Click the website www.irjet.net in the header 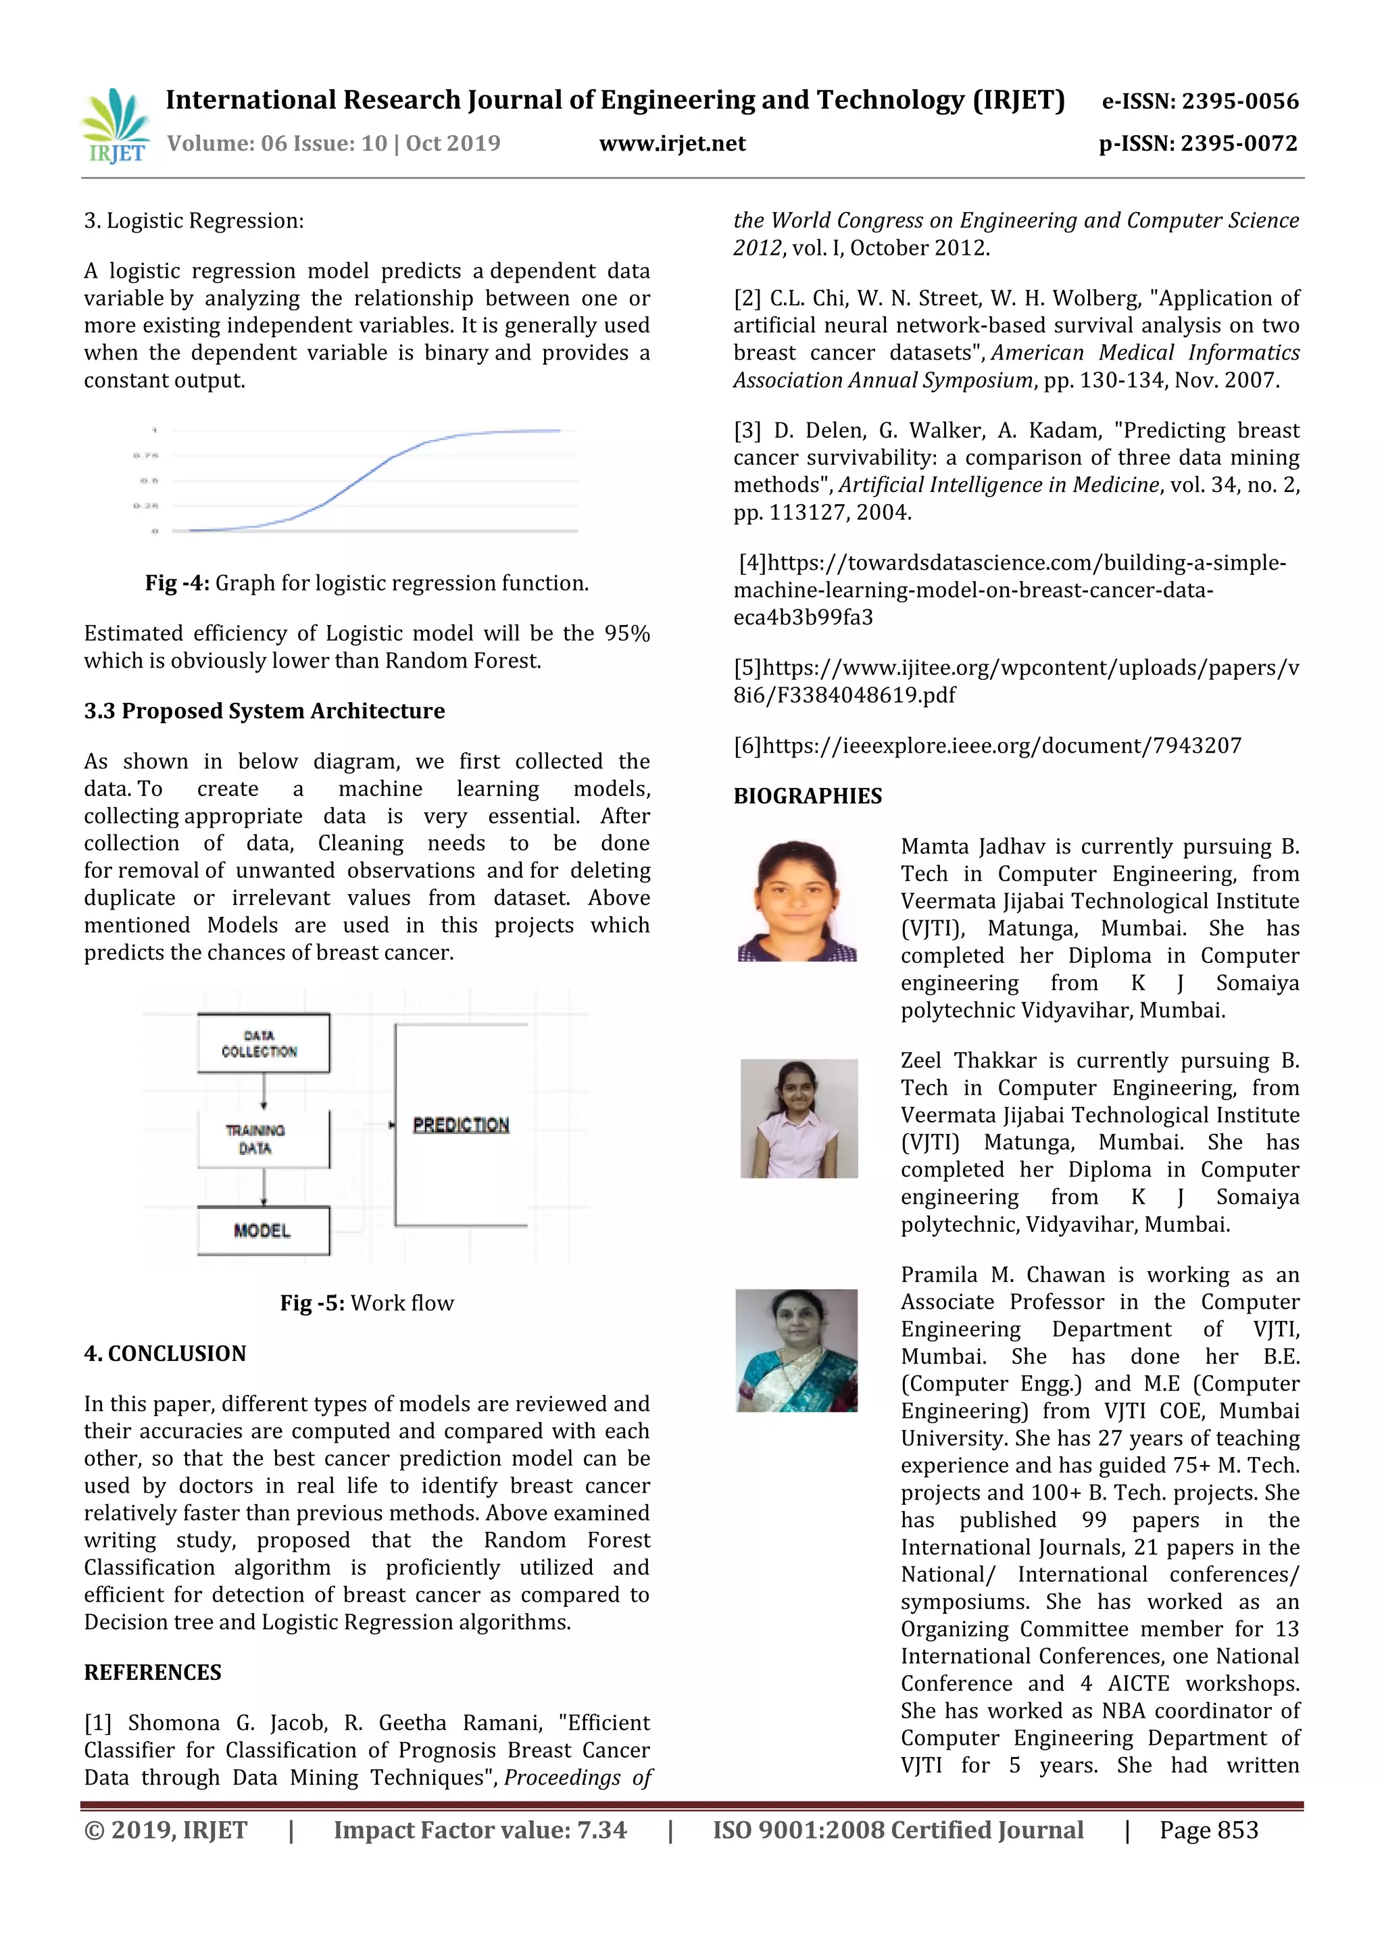[672, 143]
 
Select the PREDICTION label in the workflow [461, 1125]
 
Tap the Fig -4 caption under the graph [366, 583]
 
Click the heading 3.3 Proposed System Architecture [264, 711]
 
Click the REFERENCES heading [153, 1673]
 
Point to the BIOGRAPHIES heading [807, 795]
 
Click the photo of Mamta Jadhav [797, 901]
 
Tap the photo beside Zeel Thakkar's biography [799, 1118]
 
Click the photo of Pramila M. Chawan [796, 1350]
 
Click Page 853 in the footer [1208, 1830]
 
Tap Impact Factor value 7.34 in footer [480, 1830]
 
